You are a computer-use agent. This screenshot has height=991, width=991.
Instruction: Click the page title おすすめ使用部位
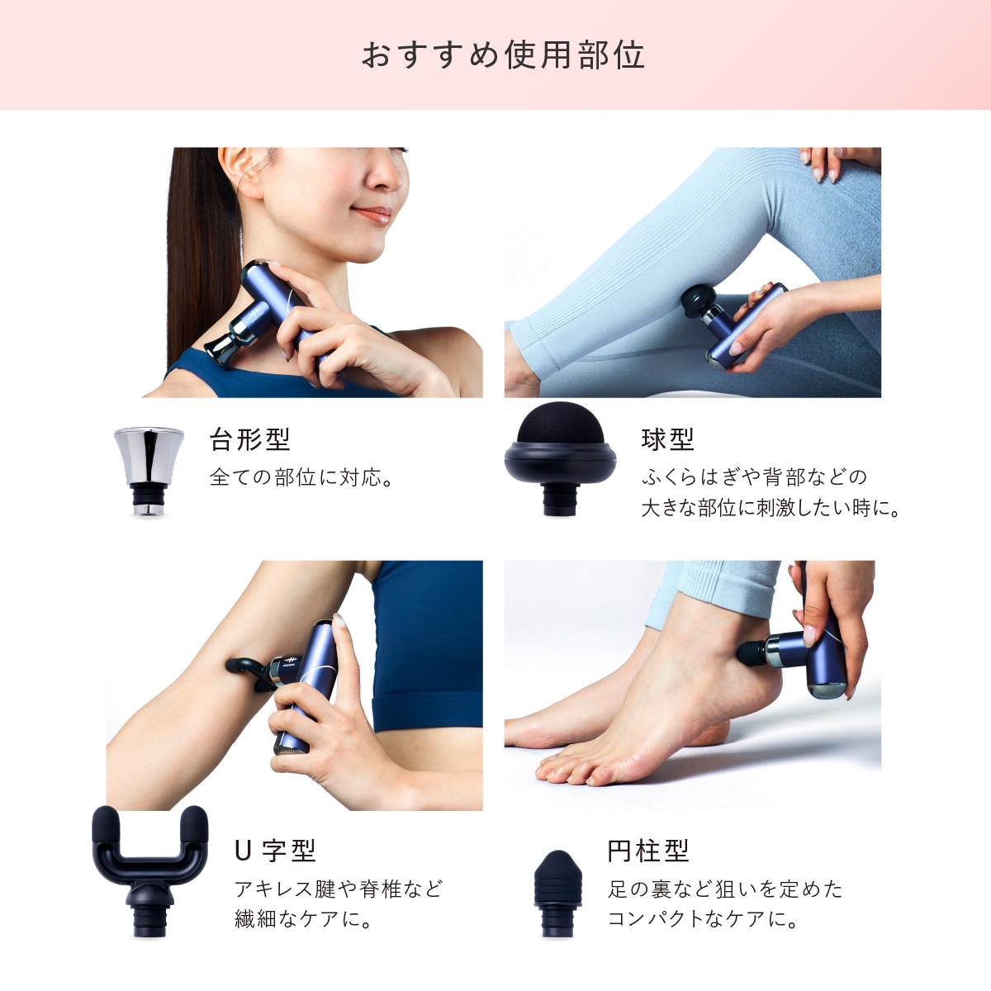tap(503, 55)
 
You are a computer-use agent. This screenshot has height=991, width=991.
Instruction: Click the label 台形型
tap(249, 439)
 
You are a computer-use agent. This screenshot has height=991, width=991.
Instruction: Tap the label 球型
tap(667, 439)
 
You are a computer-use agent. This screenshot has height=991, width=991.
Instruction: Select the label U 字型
tap(275, 851)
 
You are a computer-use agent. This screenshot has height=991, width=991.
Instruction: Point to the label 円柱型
tap(647, 851)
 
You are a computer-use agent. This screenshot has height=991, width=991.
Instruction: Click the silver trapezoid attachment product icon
tap(148, 471)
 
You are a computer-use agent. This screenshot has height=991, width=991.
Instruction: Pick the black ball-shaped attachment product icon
tap(560, 456)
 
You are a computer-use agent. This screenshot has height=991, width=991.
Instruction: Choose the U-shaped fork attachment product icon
tap(149, 867)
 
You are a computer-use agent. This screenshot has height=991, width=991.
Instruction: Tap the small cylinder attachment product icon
tap(557, 892)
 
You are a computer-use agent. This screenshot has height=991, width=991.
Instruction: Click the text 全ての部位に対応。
tap(301, 477)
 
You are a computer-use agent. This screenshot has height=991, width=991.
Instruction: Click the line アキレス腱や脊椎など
tap(339, 889)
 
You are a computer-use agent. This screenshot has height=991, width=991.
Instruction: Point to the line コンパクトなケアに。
tap(703, 918)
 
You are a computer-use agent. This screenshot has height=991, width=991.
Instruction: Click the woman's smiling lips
tap(373, 215)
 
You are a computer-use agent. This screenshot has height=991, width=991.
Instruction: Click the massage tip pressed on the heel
tap(749, 652)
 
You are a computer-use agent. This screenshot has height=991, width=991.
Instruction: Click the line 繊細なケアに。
tap(303, 918)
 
